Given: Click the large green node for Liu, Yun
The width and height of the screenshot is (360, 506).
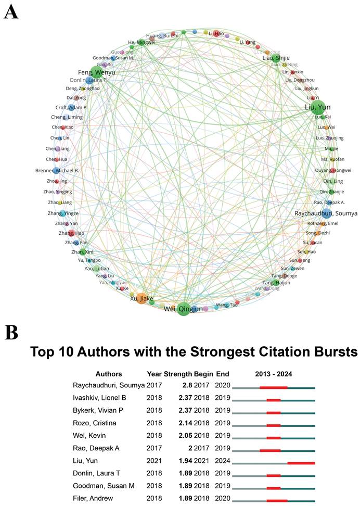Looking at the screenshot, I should click(x=318, y=106).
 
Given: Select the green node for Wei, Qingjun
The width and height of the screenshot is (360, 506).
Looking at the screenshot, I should click(x=184, y=308).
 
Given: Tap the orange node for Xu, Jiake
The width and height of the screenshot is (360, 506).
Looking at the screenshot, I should click(x=142, y=298).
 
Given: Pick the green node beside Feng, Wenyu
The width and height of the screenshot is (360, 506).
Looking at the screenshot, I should click(x=97, y=72).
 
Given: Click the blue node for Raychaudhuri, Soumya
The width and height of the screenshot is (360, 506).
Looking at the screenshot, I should click(x=326, y=213).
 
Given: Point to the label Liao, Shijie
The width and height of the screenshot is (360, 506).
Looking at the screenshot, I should click(x=276, y=58).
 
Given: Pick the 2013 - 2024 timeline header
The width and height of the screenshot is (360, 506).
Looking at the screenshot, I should click(x=274, y=374).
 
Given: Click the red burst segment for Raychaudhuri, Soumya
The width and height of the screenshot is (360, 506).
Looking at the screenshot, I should click(x=273, y=387).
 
